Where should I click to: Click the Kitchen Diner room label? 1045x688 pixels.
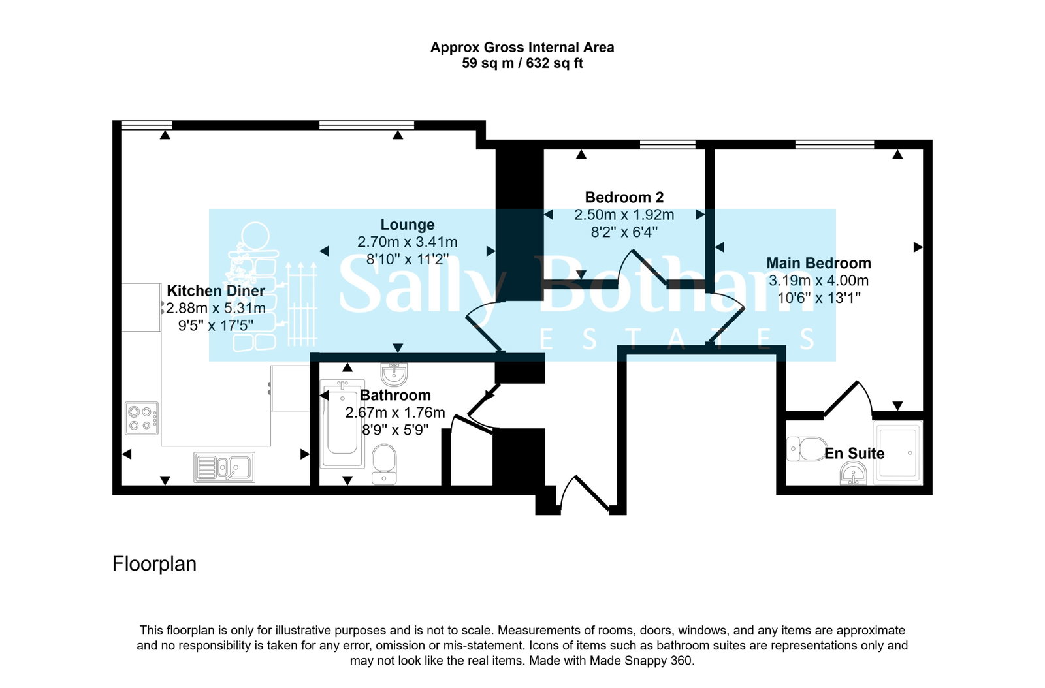tap(216, 290)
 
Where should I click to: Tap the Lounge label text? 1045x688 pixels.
tap(408, 225)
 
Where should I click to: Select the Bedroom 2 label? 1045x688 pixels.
tap(624, 198)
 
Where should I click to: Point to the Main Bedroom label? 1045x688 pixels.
tap(819, 263)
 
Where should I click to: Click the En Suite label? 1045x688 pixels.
tap(854, 454)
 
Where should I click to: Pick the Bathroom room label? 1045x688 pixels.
tap(395, 396)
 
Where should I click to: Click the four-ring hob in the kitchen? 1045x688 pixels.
tap(142, 418)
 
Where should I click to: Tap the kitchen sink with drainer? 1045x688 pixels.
tap(225, 467)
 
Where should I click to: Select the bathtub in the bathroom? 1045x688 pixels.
tap(342, 424)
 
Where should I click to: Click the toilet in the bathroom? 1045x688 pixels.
tap(385, 464)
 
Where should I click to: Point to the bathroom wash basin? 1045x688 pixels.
tap(394, 375)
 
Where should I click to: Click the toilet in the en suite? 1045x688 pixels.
tap(807, 449)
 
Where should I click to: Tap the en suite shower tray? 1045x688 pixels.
tap(898, 452)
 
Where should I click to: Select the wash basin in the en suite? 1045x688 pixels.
tap(853, 474)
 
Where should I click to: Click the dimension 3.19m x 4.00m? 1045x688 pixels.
tap(819, 281)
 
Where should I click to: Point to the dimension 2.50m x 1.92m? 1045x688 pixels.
tap(624, 215)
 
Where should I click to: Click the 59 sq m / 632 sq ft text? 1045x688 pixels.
tap(522, 63)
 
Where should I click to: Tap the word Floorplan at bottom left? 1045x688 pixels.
tap(154, 565)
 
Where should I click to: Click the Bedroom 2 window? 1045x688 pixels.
tap(667, 144)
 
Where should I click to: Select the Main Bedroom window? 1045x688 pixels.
tap(835, 144)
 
